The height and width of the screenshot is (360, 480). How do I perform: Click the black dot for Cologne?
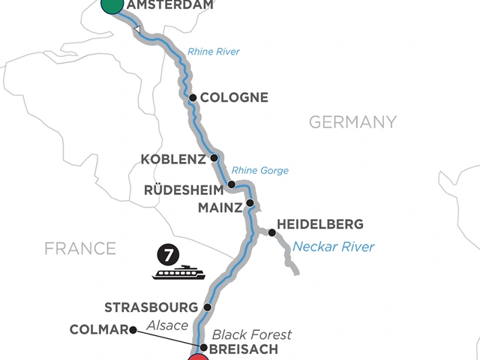click(x=193, y=97)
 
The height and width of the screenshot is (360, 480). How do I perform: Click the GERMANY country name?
click(x=352, y=121)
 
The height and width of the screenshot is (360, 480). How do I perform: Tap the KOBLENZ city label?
click(x=173, y=159)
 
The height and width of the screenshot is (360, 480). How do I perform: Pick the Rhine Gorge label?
click(x=260, y=170)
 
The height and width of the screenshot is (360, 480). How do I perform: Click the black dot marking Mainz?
click(x=250, y=203)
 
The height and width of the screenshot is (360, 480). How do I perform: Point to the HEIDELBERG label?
click(x=320, y=224)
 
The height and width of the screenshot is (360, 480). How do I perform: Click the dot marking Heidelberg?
click(x=271, y=232)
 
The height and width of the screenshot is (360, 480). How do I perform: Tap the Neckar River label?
click(x=333, y=246)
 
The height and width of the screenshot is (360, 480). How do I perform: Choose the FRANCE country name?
click(x=80, y=247)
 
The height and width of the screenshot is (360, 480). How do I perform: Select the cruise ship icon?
click(x=178, y=273)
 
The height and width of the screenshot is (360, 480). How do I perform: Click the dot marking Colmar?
click(x=133, y=329)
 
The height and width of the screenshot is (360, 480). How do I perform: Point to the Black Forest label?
click(x=250, y=334)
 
